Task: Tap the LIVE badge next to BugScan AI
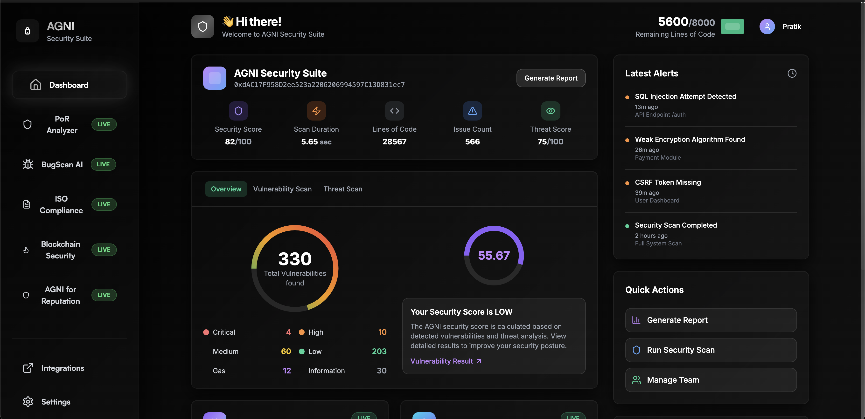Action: [x=104, y=164]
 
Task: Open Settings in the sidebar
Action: [x=56, y=402]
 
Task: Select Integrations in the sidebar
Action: [x=63, y=368]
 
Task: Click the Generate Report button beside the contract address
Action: [x=551, y=78]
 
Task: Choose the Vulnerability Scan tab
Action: [x=282, y=189]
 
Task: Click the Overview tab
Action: [x=226, y=189]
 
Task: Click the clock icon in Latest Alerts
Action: [x=792, y=73]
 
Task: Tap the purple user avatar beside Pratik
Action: [x=767, y=27]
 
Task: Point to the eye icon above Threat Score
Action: [x=550, y=111]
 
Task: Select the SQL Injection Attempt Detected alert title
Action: [x=685, y=96]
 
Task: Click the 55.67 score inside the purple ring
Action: [x=494, y=255]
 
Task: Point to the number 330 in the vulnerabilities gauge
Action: [x=295, y=259]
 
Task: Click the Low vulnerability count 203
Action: [x=379, y=351]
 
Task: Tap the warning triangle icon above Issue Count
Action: [x=472, y=111]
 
